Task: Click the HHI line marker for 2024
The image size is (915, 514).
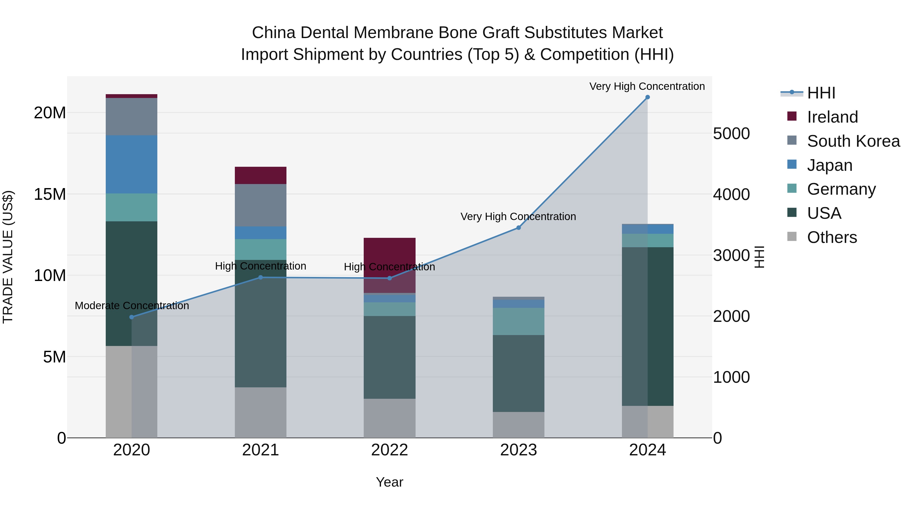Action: point(647,97)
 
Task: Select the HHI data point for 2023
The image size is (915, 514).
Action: point(518,228)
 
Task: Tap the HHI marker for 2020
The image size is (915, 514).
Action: point(131,317)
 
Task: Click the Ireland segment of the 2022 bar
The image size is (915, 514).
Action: point(389,255)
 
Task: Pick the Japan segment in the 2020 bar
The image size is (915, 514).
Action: point(131,164)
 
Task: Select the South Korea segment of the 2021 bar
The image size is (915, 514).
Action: point(260,205)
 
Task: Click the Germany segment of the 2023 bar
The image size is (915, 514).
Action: point(518,321)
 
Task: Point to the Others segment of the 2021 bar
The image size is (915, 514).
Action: point(260,412)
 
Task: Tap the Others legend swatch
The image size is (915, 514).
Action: point(792,237)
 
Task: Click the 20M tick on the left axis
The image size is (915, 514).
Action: point(50,113)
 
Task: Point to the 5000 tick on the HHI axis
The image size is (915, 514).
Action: point(731,134)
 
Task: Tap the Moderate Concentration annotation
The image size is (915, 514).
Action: point(132,305)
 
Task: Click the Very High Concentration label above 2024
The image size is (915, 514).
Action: point(647,86)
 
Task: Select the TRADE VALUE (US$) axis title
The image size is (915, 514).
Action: point(8,257)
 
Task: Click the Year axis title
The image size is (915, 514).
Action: point(389,482)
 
